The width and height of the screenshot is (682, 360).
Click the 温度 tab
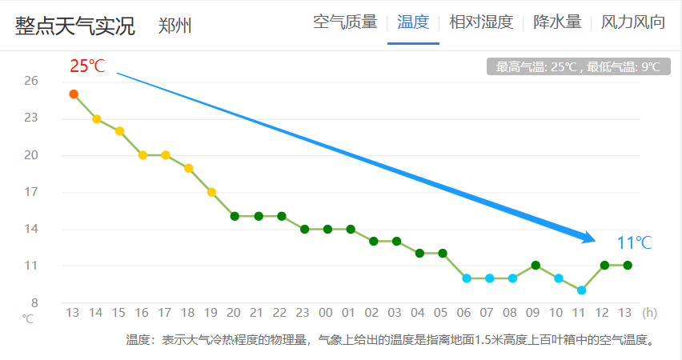pyautogui.click(x=413, y=22)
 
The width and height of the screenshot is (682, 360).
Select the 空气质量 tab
pyautogui.click(x=345, y=22)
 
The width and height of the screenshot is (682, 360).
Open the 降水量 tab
pyautogui.click(x=557, y=22)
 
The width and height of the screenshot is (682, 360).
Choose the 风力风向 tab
pyautogui.click(x=633, y=22)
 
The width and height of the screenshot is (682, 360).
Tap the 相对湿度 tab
pyautogui.click(x=481, y=22)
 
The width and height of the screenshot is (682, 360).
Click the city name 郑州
pyautogui.click(x=175, y=25)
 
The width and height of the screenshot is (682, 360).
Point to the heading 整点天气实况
pyautogui.click(x=74, y=25)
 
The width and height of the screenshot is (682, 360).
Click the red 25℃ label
pyautogui.click(x=87, y=66)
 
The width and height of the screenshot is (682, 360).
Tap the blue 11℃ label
pyautogui.click(x=634, y=243)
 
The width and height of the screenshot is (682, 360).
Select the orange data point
pyautogui.click(x=74, y=94)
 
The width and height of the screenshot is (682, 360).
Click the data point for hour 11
pyautogui.click(x=582, y=290)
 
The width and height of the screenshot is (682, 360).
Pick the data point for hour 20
pyautogui.click(x=235, y=216)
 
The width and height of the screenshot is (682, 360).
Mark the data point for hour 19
pyautogui.click(x=211, y=192)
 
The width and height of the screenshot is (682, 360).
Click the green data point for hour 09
pyautogui.click(x=536, y=266)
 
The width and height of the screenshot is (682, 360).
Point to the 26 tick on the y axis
pyautogui.click(x=31, y=81)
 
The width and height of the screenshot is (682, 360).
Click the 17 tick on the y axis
pyautogui.click(x=31, y=192)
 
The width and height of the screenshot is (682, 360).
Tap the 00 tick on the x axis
pyautogui.click(x=327, y=312)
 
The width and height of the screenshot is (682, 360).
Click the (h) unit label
pyautogui.click(x=650, y=312)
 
